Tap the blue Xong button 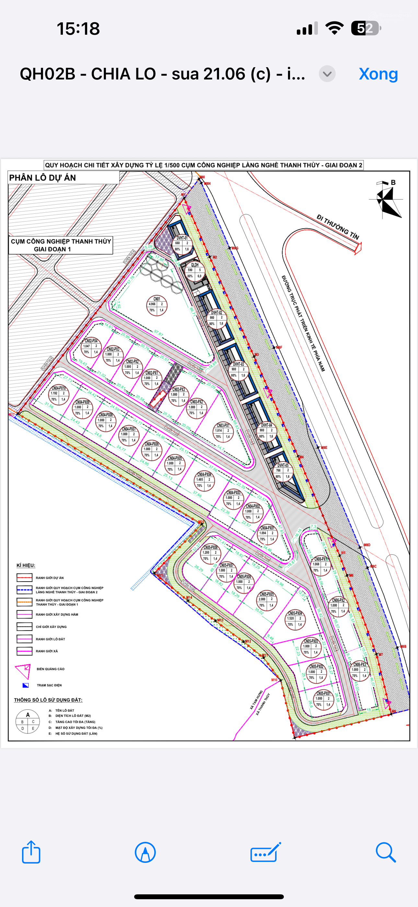(x=378, y=74)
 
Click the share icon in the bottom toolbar (x=31, y=852)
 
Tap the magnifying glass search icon (x=386, y=852)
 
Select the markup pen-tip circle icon (x=145, y=852)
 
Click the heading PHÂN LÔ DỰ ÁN (x=42, y=178)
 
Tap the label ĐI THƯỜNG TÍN (x=337, y=227)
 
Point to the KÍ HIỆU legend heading (x=26, y=565)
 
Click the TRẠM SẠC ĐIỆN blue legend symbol (x=25, y=685)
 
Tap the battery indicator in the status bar (x=366, y=28)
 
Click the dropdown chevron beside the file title (x=327, y=74)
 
